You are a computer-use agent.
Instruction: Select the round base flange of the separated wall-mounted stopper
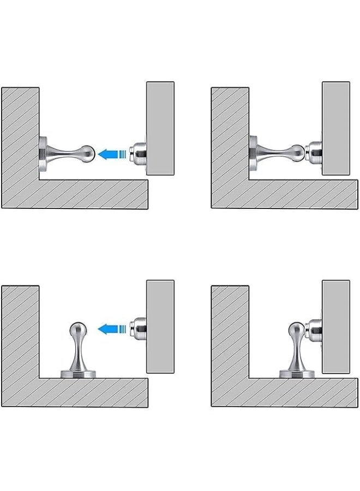[44, 153]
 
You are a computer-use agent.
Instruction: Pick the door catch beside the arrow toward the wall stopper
[139, 153]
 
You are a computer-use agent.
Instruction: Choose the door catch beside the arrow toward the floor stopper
[139, 329]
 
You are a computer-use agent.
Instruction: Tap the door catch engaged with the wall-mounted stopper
[315, 151]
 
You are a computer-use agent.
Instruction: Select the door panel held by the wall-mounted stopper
[335, 129]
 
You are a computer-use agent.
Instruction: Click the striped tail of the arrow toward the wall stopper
[124, 154]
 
